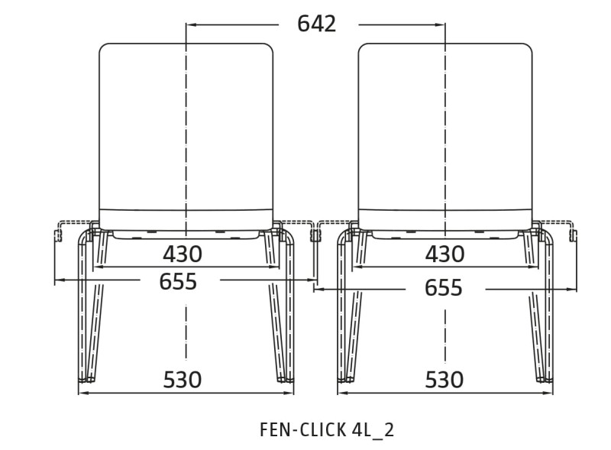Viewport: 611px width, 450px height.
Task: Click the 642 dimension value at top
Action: [316, 24]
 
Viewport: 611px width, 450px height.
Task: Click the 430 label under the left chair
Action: [183, 254]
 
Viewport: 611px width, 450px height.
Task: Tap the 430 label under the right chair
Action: [445, 254]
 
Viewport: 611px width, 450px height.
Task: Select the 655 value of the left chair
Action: [178, 282]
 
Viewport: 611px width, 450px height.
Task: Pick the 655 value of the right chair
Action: [444, 288]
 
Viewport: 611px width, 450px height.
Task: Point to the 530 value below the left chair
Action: [183, 380]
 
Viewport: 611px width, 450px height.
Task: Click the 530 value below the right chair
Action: [445, 380]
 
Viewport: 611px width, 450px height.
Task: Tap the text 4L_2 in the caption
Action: [373, 430]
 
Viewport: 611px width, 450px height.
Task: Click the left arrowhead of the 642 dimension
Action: [192, 24]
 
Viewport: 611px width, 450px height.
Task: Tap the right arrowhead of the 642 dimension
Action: [440, 24]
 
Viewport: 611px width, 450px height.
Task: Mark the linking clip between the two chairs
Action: [315, 235]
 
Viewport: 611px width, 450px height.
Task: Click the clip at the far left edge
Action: [58, 235]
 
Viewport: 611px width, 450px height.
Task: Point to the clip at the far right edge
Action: [574, 235]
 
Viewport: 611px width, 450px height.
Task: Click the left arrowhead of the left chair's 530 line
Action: [84, 393]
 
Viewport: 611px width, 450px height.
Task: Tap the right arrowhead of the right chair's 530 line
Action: [547, 393]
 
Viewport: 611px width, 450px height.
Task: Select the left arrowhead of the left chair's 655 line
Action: [60, 280]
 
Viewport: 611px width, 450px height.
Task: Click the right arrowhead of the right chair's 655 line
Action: [571, 289]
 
